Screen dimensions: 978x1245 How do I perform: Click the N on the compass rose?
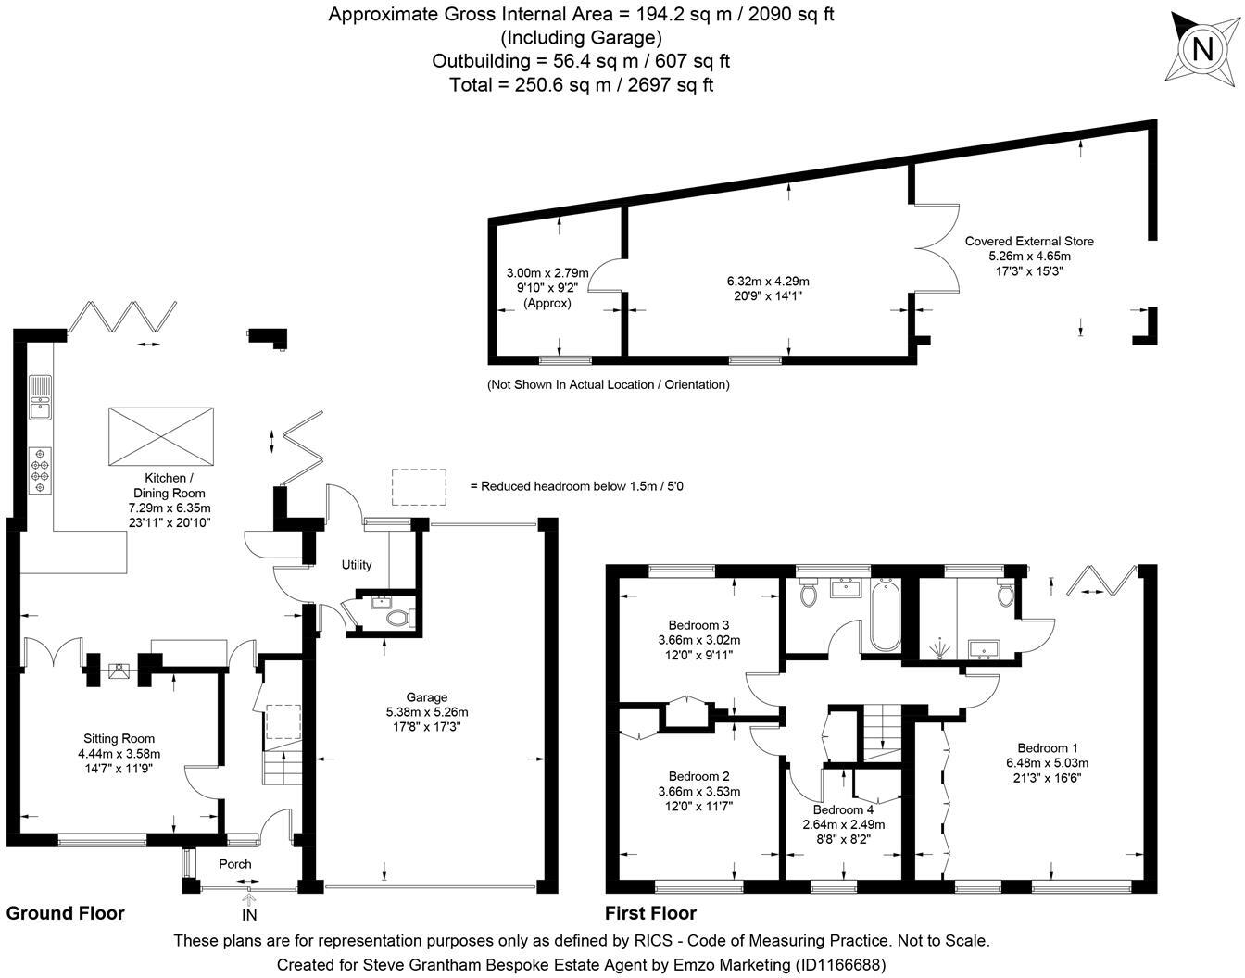(x=1202, y=48)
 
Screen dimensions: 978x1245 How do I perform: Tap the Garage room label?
(x=426, y=697)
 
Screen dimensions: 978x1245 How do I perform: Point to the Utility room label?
(x=357, y=565)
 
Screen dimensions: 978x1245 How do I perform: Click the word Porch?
(x=235, y=864)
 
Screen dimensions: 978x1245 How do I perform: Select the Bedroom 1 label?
(x=1047, y=748)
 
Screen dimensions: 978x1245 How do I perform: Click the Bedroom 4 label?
(x=843, y=809)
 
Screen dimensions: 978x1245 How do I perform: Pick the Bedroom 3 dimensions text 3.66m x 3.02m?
(x=698, y=640)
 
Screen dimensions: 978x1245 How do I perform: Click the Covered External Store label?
(x=1028, y=241)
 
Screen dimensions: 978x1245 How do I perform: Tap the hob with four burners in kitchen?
(x=41, y=470)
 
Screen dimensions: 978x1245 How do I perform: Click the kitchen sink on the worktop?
(x=40, y=395)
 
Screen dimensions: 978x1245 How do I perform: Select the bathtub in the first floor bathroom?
(x=884, y=617)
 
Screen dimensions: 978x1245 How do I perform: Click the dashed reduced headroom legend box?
(x=419, y=486)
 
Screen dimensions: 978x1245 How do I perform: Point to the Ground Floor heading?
(x=65, y=913)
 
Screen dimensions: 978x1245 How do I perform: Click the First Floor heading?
(x=650, y=913)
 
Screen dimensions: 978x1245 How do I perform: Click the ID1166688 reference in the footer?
(x=839, y=964)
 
